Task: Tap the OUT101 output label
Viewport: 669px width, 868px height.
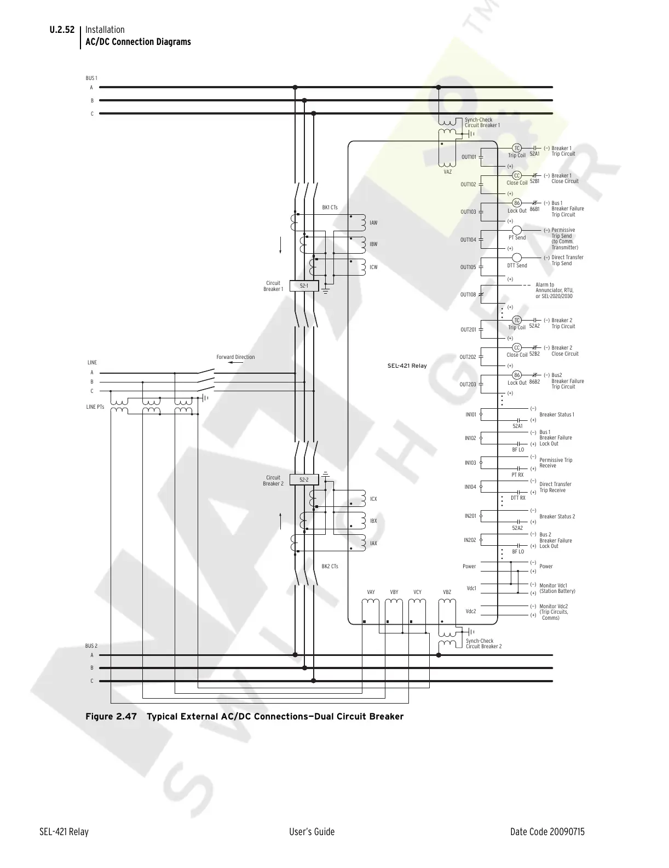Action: tap(469, 157)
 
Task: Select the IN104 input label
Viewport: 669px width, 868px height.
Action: tap(470, 487)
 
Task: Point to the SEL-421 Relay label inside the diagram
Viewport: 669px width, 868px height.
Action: tap(407, 366)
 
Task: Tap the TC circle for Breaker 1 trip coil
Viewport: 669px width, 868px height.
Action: tap(516, 149)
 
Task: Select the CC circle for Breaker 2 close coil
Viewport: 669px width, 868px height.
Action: tap(516, 347)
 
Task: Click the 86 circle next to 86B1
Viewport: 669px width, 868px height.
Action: tap(516, 203)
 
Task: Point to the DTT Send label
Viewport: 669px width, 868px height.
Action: tap(517, 266)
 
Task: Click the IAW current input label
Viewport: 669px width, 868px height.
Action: tap(373, 223)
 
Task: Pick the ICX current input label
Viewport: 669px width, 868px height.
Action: tap(373, 499)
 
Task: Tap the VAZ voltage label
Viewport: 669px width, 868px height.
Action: tap(448, 172)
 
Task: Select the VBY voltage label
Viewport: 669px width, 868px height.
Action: tap(394, 592)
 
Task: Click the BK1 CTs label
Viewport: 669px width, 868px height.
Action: tap(330, 208)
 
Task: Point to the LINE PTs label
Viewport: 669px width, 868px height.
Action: tap(95, 407)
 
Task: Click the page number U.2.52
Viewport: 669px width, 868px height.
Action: tap(62, 30)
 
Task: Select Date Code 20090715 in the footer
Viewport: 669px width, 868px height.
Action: tap(547, 832)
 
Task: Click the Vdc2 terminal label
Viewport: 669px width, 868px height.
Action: tap(471, 611)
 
